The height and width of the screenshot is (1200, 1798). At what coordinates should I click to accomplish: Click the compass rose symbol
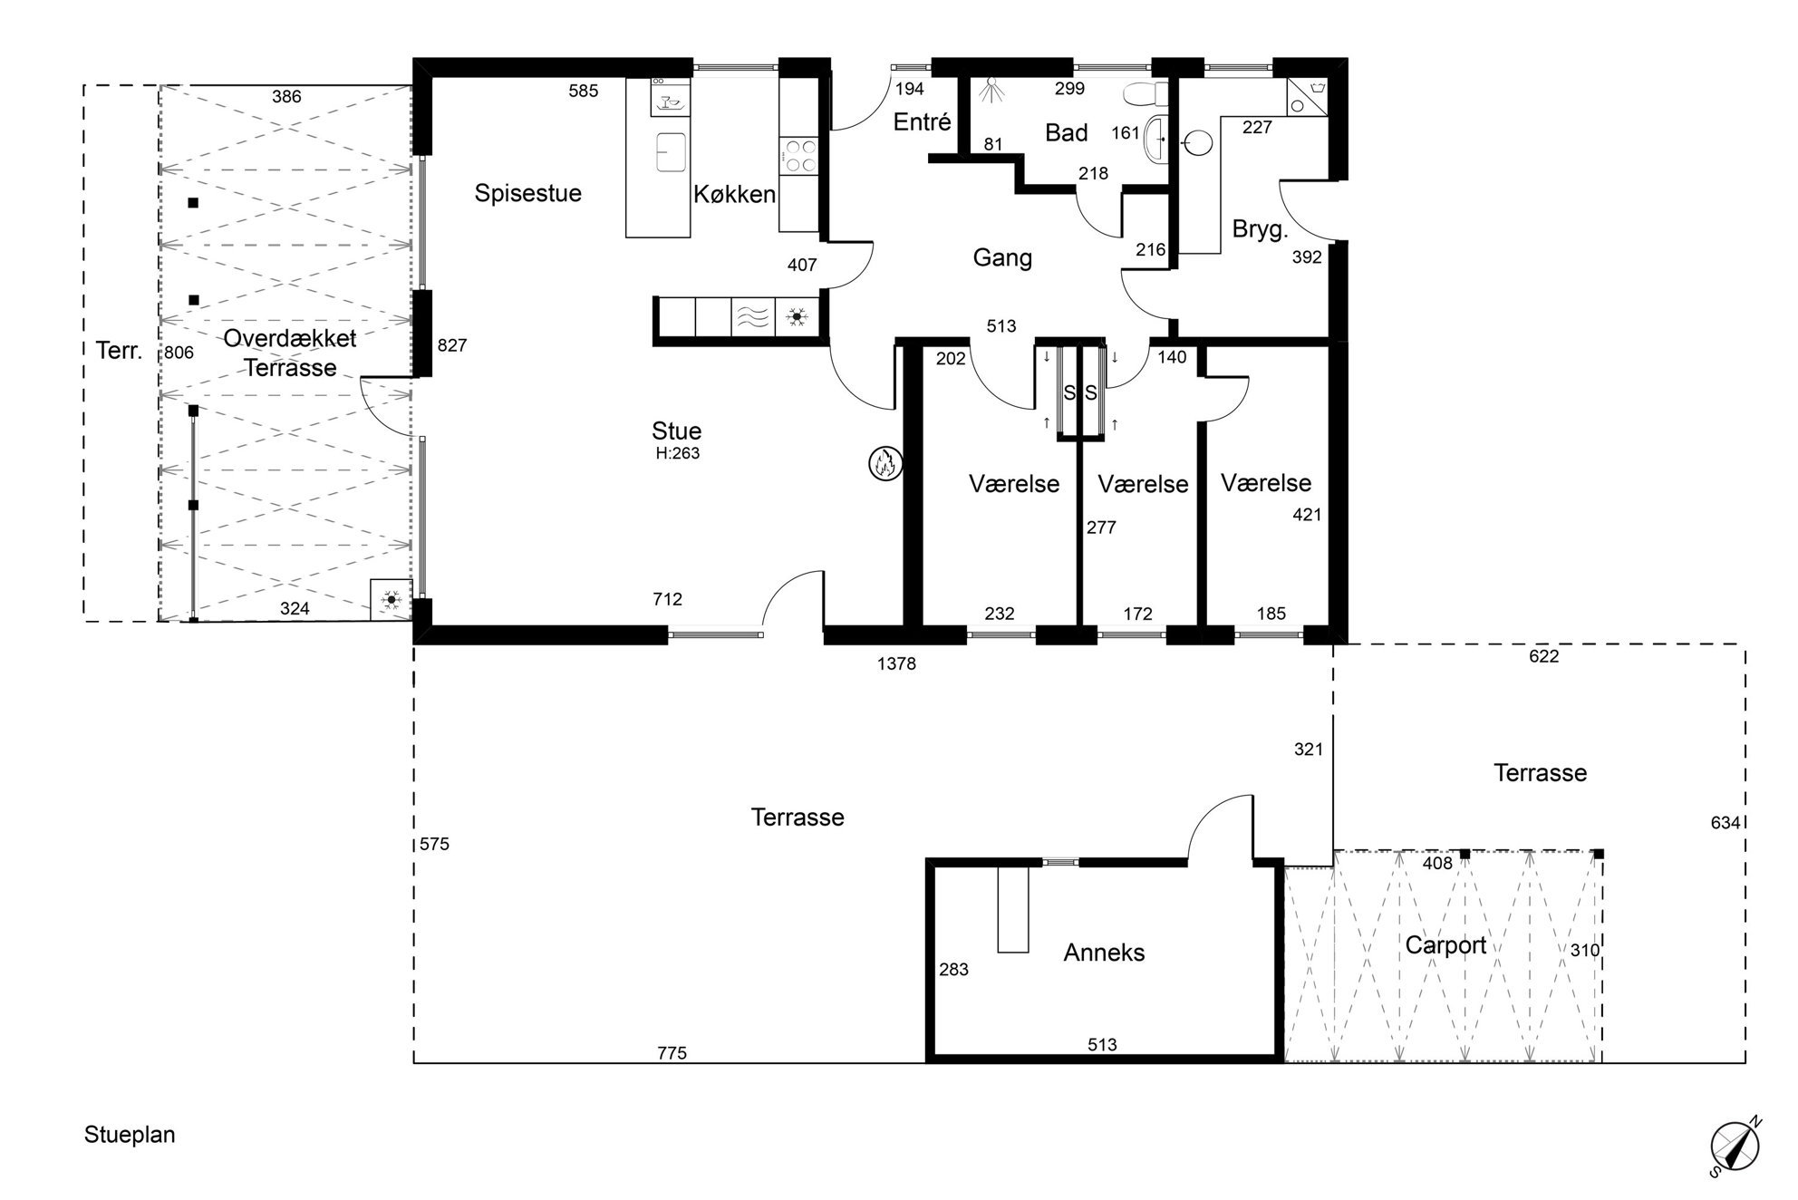(x=1735, y=1146)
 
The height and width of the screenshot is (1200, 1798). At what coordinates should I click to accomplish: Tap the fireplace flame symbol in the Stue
(x=884, y=463)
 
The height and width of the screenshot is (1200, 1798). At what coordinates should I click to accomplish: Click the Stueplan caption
(x=130, y=1135)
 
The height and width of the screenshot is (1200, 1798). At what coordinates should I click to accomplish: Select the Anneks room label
(x=1104, y=953)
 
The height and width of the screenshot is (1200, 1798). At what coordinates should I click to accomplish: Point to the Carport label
(x=1445, y=945)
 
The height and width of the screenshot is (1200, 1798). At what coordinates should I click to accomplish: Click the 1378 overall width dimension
(x=896, y=663)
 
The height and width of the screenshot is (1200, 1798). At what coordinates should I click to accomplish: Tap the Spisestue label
(x=528, y=193)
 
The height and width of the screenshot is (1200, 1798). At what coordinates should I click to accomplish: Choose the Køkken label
(x=734, y=194)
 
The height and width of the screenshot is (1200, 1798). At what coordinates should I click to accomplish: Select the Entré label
(x=922, y=122)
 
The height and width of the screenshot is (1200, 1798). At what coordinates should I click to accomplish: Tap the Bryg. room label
(x=1260, y=229)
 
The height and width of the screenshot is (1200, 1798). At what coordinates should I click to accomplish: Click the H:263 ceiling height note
(x=678, y=453)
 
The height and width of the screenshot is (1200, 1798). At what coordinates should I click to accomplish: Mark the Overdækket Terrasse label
(x=290, y=353)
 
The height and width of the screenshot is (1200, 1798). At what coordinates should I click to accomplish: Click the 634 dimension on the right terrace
(x=1725, y=823)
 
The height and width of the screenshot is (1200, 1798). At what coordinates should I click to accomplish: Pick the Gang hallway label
(x=1002, y=258)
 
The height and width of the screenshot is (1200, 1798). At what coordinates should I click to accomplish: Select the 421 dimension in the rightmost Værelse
(x=1307, y=515)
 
